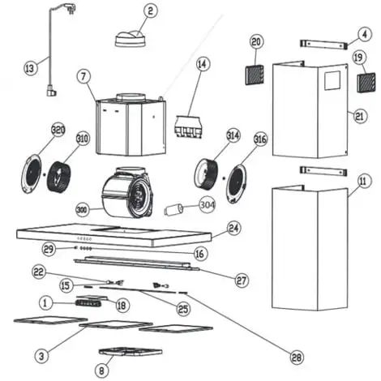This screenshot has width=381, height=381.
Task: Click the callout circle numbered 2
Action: [150, 11]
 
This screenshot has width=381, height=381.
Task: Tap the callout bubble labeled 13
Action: [31, 67]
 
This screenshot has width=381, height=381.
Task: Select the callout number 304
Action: [208, 205]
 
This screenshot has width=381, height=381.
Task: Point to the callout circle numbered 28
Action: [297, 357]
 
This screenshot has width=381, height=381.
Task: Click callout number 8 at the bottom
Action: [102, 370]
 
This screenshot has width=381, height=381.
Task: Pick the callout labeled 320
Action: [58, 131]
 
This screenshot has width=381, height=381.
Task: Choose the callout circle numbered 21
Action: [360, 117]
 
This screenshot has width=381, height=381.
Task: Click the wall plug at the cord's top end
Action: [67, 7]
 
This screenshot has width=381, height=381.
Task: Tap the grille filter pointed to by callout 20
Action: [255, 75]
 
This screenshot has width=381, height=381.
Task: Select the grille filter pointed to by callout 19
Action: [366, 83]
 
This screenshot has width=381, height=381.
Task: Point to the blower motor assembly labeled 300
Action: [127, 192]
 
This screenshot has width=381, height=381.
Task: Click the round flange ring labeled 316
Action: [237, 184]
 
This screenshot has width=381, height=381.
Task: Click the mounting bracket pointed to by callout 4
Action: [323, 44]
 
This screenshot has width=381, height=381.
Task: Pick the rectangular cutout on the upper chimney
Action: [332, 80]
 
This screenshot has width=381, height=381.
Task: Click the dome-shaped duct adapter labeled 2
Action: [131, 39]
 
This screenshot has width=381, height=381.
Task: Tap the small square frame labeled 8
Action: [131, 352]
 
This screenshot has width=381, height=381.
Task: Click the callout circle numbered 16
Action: [200, 254]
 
